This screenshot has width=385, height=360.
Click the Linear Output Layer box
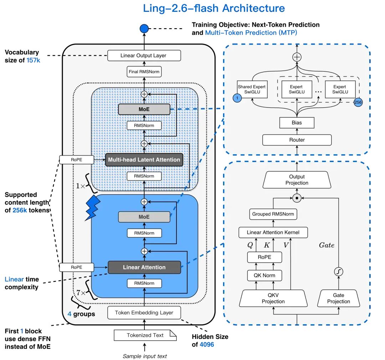144,55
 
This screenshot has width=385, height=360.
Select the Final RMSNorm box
144,72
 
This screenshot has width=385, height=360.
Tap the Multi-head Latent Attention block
144,159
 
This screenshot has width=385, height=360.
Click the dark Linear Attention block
144,267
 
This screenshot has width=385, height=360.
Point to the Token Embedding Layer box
144,313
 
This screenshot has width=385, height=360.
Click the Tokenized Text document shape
145,335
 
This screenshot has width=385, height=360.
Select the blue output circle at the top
144,28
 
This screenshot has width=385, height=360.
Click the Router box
297,140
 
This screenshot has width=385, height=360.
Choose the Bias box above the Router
297,123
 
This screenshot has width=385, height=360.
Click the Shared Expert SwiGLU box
252,89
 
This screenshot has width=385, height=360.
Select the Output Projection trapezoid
297,180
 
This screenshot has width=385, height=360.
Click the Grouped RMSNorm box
273,214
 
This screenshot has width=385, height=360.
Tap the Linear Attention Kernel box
273,233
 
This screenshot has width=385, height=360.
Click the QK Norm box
264,275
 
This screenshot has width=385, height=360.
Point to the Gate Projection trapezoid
339,298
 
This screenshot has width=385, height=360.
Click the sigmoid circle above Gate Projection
338,272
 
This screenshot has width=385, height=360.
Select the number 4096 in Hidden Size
207,345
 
